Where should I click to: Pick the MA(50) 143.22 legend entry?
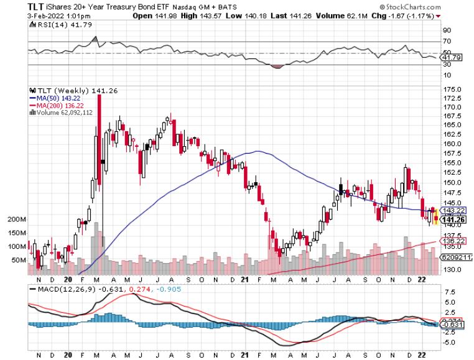tap(57, 98)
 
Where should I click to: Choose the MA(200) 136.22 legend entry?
tap(58, 105)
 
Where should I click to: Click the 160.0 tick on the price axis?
tap(451, 144)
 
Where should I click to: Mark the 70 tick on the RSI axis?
tap(447, 42)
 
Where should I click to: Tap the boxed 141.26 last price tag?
tap(453, 219)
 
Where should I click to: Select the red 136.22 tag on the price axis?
tap(453, 240)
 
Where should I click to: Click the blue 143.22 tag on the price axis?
tap(453, 210)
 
